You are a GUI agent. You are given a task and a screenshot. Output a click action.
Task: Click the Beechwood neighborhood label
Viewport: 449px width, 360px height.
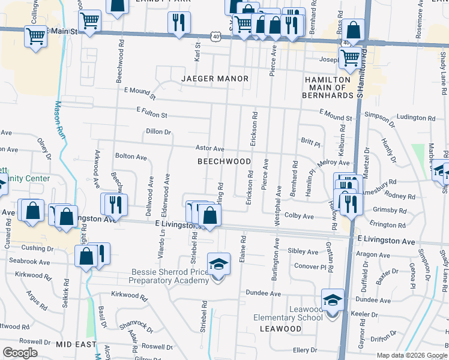point(224,161)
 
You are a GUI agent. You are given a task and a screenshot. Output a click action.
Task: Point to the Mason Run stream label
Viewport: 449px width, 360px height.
point(59,117)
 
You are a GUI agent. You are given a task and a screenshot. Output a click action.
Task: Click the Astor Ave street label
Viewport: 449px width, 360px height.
point(209,148)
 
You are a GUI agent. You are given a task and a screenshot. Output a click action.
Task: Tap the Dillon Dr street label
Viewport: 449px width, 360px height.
point(158,132)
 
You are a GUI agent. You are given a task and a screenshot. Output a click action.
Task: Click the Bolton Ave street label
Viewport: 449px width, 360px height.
point(131,157)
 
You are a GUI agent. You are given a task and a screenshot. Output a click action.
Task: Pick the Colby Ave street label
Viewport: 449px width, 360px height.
point(299,216)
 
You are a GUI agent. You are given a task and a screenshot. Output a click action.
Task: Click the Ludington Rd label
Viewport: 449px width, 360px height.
point(413,117)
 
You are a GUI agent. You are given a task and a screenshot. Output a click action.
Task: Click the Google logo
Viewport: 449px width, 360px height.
point(20,352)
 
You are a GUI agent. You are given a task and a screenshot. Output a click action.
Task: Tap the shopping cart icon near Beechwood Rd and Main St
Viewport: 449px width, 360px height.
point(89,20)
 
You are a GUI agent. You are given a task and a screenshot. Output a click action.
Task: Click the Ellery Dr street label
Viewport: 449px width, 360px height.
point(304,350)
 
